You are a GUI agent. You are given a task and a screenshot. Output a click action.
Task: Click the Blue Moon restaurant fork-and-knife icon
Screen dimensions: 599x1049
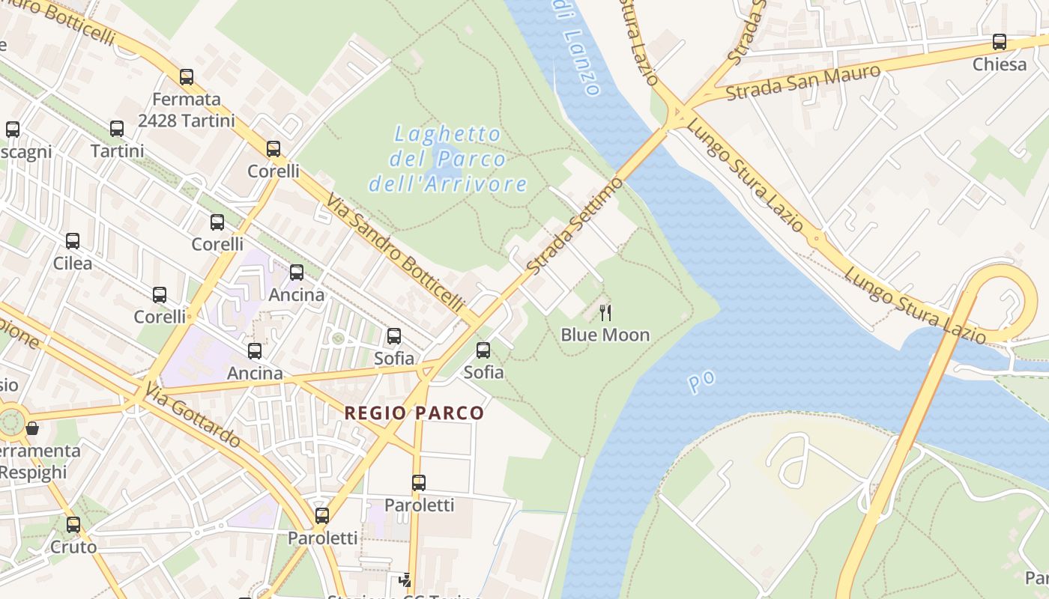coord(605,313)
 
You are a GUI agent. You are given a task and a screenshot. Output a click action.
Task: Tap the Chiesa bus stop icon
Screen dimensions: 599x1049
coord(999,42)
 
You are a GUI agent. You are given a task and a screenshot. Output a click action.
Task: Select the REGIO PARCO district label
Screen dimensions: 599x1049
coord(414,413)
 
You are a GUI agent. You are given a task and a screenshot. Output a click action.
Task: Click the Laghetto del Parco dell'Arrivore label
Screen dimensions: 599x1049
coord(447,159)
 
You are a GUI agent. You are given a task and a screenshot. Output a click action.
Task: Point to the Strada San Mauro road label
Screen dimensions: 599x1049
coord(803,83)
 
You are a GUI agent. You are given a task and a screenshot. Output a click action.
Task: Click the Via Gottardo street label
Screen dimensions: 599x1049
coord(193,415)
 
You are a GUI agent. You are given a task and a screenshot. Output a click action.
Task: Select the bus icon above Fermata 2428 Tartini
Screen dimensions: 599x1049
coord(187,77)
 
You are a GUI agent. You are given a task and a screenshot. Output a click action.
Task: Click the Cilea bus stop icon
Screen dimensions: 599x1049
coord(73,241)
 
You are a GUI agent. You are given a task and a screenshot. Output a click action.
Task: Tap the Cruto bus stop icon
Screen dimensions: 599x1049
coord(73,525)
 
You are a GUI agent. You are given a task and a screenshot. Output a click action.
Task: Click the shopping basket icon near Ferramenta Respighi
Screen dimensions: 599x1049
coord(32,429)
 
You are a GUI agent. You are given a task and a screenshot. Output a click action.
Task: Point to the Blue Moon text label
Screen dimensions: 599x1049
coord(605,335)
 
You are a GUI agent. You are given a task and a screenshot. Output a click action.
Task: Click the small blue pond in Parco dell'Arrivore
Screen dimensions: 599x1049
coord(441,159)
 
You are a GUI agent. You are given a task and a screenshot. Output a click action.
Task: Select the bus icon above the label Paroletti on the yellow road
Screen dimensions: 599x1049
coord(322,516)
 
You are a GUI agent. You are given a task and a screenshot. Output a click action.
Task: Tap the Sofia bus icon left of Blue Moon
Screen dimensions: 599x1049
coord(483,350)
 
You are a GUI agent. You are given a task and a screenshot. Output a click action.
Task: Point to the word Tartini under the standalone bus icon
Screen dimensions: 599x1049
coord(117,150)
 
